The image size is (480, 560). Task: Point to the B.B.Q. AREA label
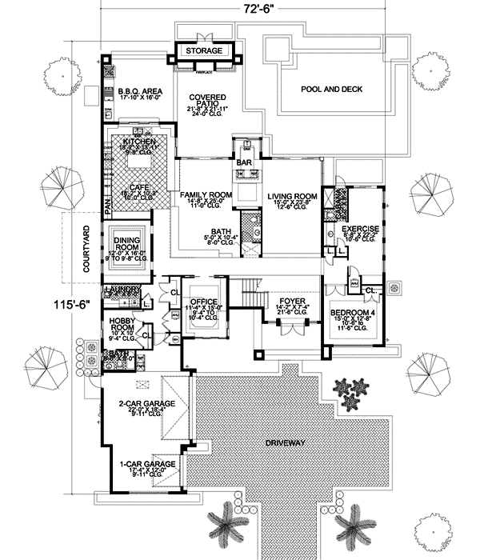click(140, 92)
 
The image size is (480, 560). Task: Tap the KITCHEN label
click(139, 142)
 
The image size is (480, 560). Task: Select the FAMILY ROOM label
click(206, 195)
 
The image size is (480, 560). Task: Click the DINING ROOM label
click(128, 242)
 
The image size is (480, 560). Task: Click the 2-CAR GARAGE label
click(141, 404)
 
